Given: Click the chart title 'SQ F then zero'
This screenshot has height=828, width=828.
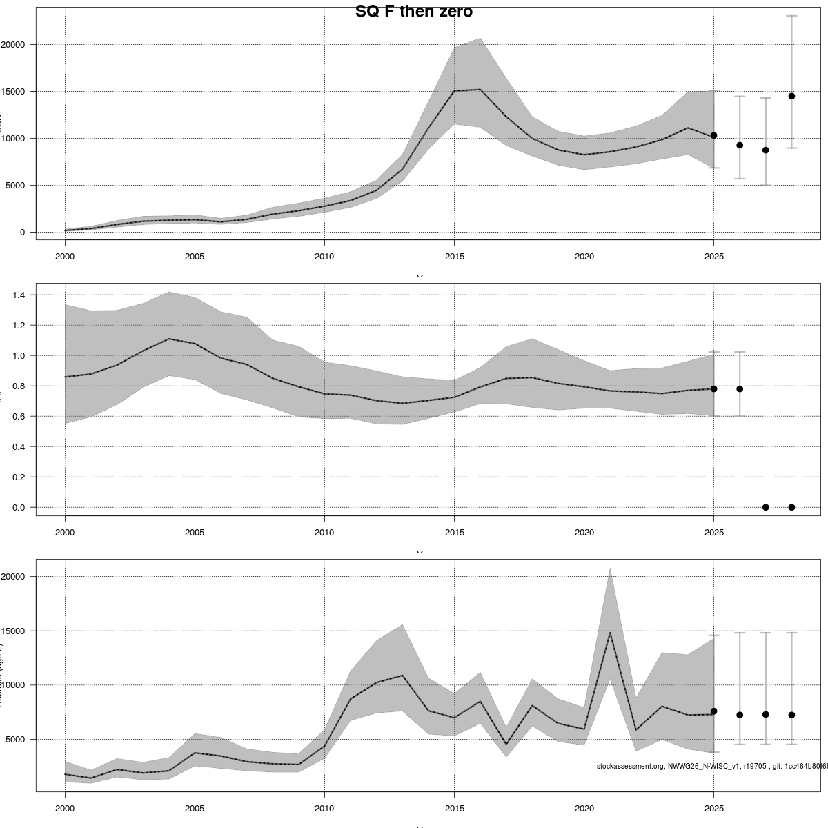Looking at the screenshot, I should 413,12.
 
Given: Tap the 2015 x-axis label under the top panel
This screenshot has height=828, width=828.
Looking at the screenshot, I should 454,257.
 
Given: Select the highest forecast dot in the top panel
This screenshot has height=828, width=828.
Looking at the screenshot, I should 791,96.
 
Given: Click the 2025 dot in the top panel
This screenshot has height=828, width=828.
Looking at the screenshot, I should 713,135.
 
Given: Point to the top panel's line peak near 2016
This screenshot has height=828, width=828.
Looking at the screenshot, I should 480,90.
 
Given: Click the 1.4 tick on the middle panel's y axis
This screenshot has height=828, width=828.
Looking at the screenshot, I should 19,295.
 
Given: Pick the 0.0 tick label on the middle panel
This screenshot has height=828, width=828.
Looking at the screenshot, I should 19,508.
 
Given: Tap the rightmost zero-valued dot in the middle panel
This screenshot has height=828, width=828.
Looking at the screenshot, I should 791,507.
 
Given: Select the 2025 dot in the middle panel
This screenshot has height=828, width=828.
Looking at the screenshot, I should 713,389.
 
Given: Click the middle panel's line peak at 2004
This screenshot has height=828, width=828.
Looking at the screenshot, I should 169,339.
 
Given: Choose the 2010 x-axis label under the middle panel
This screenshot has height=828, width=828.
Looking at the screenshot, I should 324,533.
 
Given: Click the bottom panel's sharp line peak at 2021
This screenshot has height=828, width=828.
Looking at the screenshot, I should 610,633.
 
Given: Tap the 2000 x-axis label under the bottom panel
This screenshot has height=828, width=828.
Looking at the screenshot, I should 65,809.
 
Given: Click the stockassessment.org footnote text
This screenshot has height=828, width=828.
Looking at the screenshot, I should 711,766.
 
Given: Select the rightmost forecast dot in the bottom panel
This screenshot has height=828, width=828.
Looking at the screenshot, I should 791,715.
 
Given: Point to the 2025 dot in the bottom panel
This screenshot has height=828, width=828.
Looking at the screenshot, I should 713,711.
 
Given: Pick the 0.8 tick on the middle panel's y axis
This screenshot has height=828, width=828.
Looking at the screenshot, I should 19,386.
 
